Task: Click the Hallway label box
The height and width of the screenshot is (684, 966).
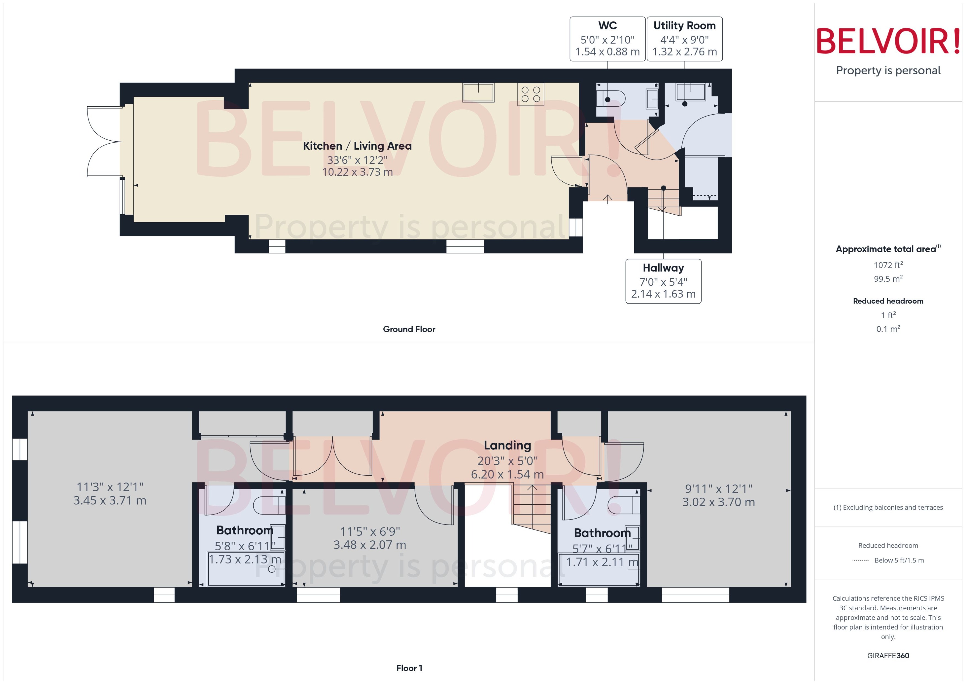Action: pyautogui.click(x=663, y=281)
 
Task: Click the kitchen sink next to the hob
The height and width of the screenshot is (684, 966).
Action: pyautogui.click(x=478, y=92)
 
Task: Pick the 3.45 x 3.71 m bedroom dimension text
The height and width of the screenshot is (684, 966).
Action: pyautogui.click(x=110, y=500)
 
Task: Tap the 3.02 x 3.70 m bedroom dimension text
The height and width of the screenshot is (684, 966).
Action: pyautogui.click(x=718, y=502)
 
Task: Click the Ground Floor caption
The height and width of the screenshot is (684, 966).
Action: pyautogui.click(x=409, y=329)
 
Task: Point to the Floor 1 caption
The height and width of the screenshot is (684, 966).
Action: pyautogui.click(x=409, y=668)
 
